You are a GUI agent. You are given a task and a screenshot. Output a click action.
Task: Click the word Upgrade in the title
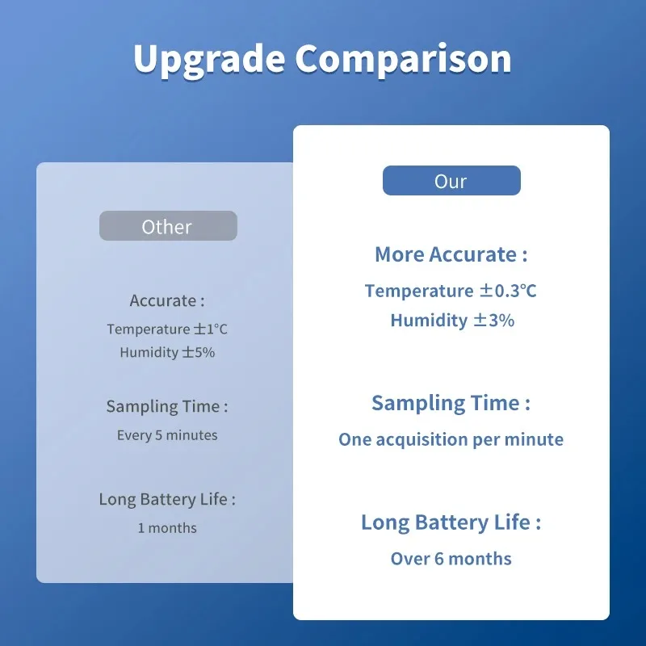coord(208,60)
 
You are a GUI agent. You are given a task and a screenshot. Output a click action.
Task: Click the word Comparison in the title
coord(402,60)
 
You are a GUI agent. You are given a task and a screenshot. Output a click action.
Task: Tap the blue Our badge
coord(451,181)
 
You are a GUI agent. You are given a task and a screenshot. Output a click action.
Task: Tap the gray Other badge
coord(168,227)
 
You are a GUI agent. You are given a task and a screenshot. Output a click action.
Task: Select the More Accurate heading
coord(451,254)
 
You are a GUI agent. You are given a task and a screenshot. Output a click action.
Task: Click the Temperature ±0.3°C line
coord(451,291)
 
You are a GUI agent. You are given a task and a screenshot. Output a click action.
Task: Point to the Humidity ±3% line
coord(452,321)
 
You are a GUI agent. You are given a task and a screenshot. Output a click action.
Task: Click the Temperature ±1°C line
coord(167,329)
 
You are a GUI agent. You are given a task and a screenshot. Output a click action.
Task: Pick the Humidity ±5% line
coord(167,352)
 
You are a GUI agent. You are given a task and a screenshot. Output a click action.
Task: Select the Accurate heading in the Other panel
coord(167,300)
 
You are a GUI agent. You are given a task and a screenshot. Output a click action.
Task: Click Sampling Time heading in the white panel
coord(451,403)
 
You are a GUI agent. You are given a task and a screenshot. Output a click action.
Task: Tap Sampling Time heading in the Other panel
coord(167,406)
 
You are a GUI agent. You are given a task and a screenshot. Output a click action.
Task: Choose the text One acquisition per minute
coord(451,440)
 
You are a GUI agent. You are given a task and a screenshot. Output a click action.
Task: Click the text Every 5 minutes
coord(167,435)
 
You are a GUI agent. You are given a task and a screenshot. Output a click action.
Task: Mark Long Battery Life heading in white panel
coord(451,522)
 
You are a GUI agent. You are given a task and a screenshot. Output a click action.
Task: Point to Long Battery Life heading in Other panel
coord(167,499)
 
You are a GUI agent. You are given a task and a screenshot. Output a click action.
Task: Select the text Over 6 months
coord(451,559)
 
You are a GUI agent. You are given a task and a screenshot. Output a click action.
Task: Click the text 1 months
coord(167,528)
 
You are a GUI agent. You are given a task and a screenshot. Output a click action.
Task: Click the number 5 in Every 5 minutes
coord(159,435)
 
